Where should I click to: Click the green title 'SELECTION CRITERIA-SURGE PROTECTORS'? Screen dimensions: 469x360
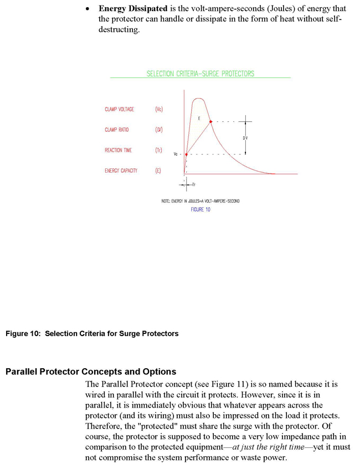200,74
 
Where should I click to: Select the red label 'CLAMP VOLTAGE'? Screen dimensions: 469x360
119,110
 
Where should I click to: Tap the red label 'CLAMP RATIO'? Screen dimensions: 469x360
116,130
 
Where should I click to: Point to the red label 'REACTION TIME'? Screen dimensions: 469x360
118,151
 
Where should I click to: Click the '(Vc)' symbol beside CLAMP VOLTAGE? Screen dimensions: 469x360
159,110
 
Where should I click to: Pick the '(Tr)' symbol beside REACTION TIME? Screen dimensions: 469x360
158,151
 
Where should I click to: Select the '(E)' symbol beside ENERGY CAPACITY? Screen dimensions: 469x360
158,171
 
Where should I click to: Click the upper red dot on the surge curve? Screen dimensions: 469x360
210,121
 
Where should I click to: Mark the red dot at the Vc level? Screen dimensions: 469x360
186,154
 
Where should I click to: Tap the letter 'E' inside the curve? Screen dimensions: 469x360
199,118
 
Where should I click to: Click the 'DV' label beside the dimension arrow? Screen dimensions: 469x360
245,138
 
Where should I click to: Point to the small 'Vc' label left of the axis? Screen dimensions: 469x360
176,154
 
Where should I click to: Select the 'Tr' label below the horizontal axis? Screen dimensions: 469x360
193,183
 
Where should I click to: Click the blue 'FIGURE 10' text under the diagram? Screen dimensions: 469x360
200,210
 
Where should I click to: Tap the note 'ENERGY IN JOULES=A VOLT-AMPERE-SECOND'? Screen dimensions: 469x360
200,201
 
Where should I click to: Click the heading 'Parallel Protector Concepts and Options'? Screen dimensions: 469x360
91,372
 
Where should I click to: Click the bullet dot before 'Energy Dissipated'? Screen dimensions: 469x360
87,9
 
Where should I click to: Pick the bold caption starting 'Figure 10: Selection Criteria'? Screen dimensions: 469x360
92,333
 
